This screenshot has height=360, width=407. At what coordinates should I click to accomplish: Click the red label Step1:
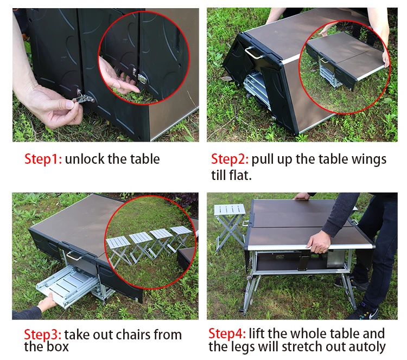click(x=43, y=159)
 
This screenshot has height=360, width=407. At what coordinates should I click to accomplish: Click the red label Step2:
click(x=230, y=159)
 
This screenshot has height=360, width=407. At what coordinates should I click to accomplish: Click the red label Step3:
click(x=42, y=335)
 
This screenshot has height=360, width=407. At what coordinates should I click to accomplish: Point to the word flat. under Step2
click(x=239, y=175)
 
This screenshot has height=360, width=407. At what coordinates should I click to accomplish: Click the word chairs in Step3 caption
click(x=133, y=335)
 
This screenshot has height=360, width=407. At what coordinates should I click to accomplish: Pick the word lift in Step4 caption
click(x=259, y=333)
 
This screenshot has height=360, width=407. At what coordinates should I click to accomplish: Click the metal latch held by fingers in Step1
click(x=83, y=98)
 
